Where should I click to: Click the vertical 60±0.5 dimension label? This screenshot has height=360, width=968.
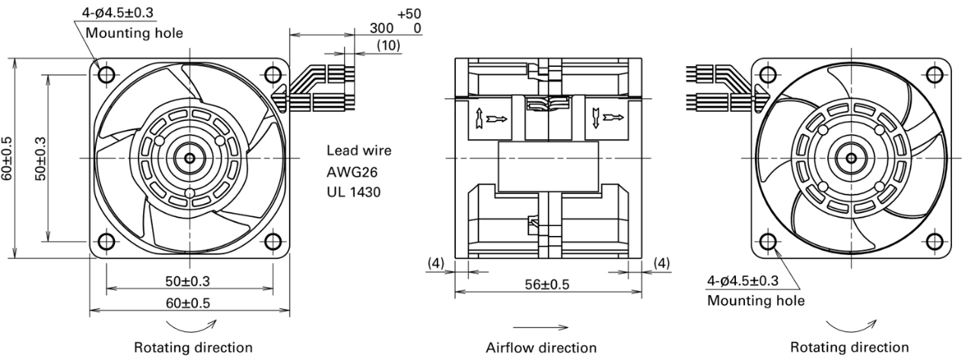8,158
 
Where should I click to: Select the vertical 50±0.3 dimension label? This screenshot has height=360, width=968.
40,158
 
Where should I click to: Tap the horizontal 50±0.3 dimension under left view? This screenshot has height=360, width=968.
187,282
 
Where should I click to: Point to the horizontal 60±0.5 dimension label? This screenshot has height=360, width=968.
187,303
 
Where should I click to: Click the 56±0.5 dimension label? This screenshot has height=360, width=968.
547,285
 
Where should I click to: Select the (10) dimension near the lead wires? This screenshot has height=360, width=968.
389,45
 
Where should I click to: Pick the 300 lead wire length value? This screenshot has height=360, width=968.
381,28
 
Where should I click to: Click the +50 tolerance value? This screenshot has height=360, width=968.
409,14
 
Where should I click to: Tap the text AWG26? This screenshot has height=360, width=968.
352,172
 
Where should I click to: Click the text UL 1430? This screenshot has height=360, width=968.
354,192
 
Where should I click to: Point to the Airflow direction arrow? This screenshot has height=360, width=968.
540,327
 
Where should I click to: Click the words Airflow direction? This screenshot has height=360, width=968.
541,348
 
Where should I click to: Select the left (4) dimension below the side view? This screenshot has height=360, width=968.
435,263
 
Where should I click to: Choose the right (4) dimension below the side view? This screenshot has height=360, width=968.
661,263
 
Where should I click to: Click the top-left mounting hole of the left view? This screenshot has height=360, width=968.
107,75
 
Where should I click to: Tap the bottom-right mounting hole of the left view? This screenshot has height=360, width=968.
273,242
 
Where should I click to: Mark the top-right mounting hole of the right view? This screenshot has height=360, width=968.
935,75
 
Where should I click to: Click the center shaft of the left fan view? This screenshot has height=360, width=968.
189,158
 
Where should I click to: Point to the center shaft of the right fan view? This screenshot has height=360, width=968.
852,158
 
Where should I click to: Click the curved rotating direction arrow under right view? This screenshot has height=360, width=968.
851,330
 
